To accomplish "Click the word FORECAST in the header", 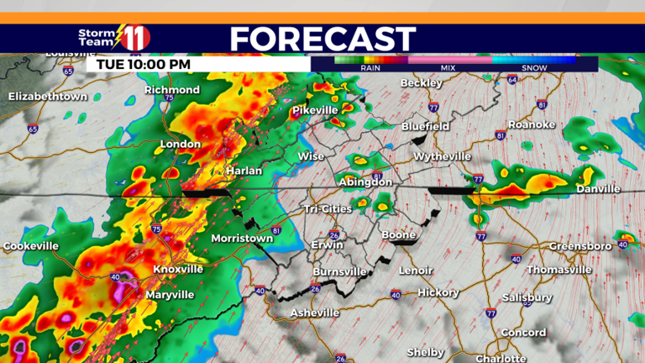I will (322, 39).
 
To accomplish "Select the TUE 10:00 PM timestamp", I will (144, 64).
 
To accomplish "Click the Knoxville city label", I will (178, 269).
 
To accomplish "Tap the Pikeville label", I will (314, 110).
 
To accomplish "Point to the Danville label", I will (598, 189).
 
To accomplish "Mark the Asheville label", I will (314, 313).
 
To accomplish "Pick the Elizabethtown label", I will (48, 97).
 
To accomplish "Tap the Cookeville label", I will (31, 246).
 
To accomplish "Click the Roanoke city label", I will (532, 124).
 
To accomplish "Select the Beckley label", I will (421, 83).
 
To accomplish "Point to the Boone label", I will (398, 234).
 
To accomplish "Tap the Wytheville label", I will (443, 156).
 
